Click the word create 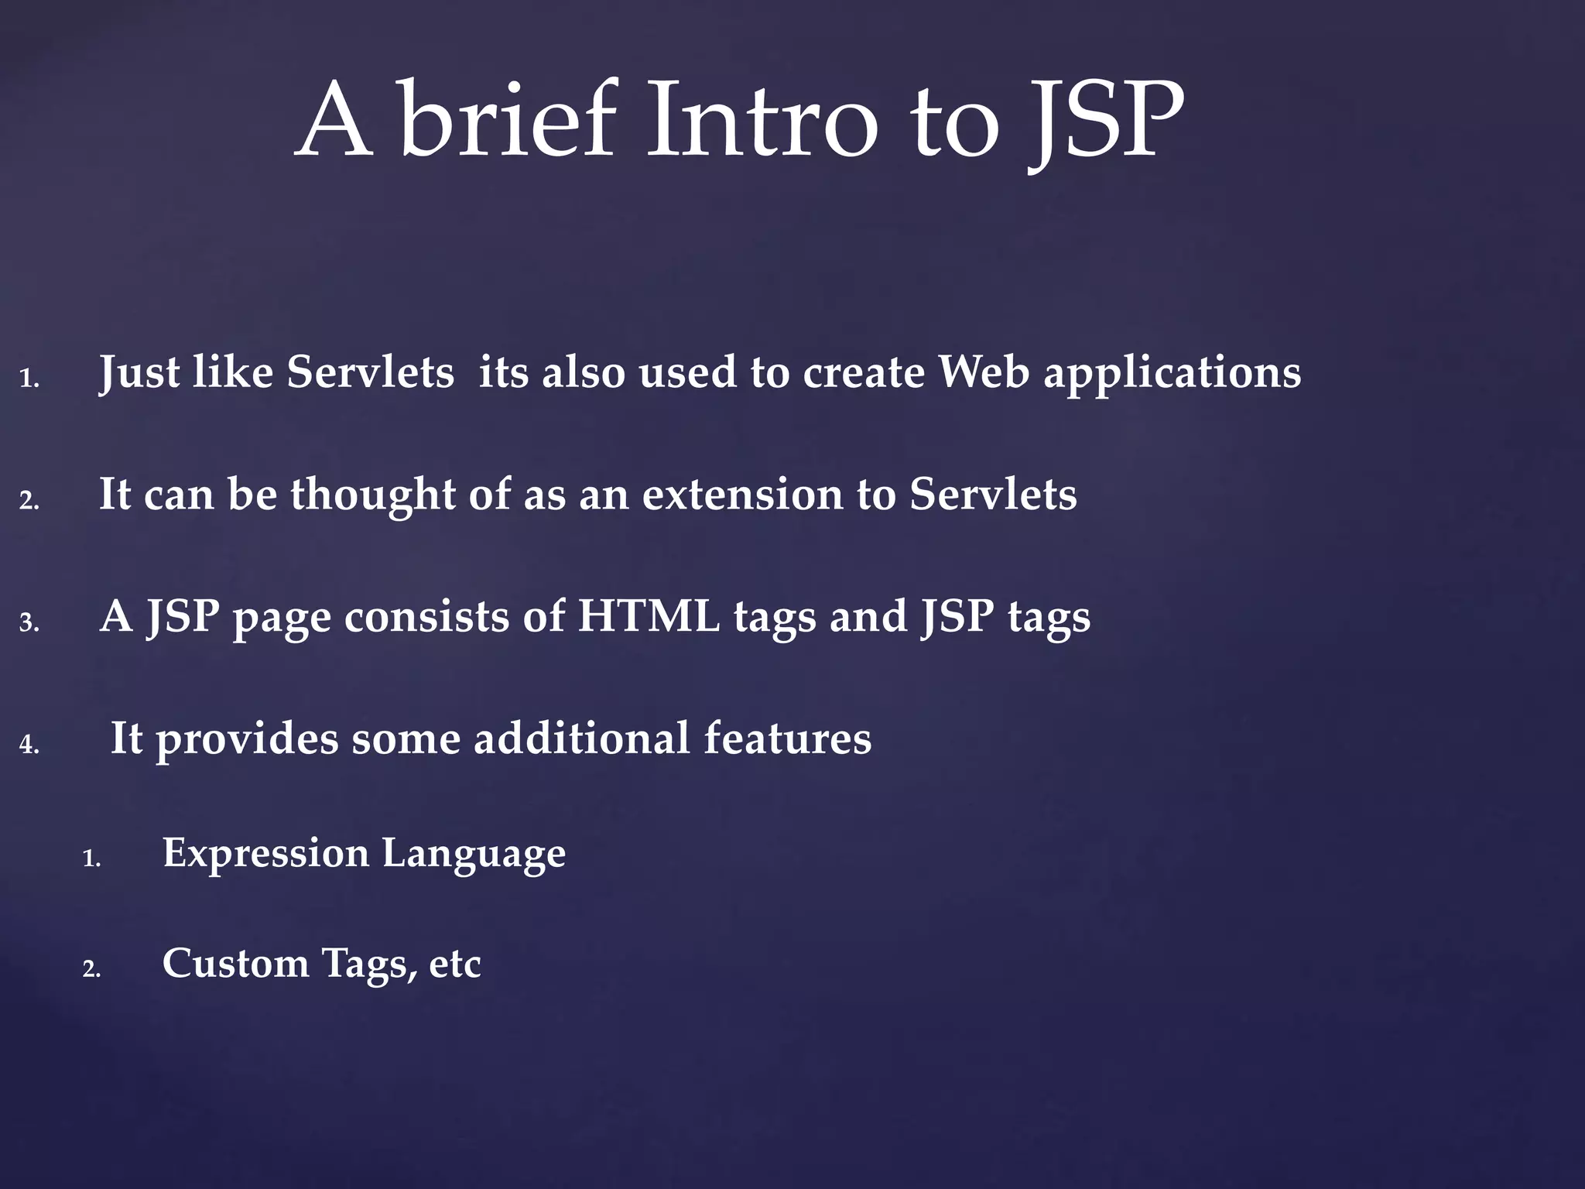(863, 373)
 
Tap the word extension (742, 495)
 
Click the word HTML (649, 617)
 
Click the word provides (247, 740)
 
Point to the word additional (581, 738)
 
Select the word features (787, 738)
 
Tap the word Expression (265, 854)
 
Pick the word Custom (235, 964)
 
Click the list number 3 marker (29, 623)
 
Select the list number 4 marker (29, 745)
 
